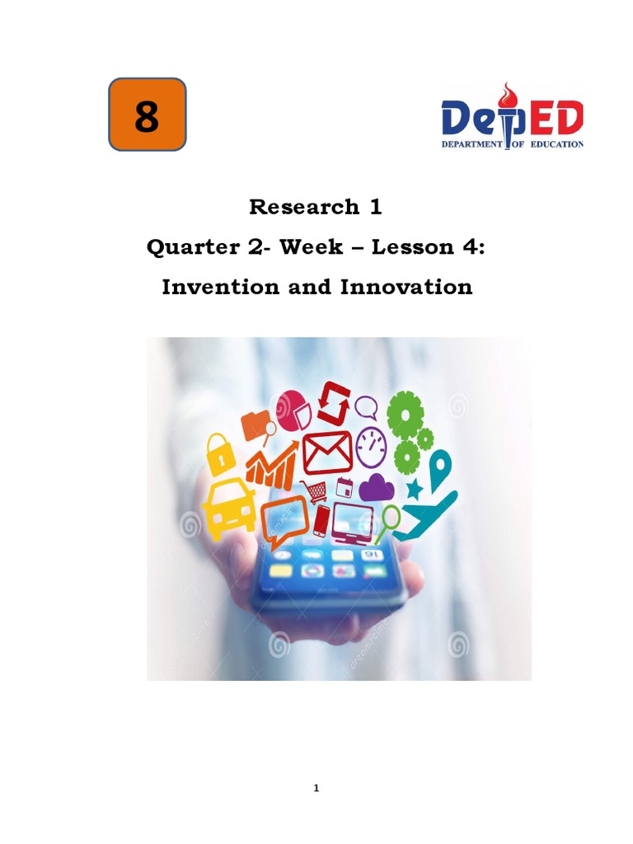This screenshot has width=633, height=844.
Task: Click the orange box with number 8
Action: tap(148, 115)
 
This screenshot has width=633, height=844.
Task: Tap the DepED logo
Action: tap(513, 120)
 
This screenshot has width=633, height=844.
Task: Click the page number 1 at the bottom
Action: tap(316, 789)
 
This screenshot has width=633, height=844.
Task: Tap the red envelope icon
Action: tap(327, 452)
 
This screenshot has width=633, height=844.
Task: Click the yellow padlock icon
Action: tap(219, 452)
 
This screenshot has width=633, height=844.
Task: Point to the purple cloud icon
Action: tap(377, 487)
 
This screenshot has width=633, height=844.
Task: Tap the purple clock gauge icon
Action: tap(371, 445)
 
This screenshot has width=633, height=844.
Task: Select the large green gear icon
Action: tap(405, 414)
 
